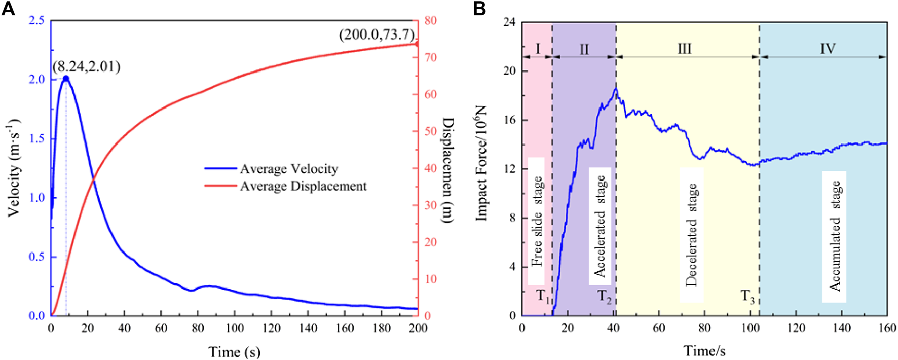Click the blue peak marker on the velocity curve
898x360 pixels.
pos(66,79)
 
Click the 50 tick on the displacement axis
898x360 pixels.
pos(431,131)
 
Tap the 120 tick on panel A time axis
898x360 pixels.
pos(271,328)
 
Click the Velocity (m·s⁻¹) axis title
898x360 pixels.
pos(14,167)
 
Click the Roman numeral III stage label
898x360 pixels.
pos(684,49)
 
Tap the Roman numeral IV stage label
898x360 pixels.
pos(828,49)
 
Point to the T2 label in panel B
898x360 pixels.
pos(604,296)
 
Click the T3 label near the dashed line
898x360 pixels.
pos(747,296)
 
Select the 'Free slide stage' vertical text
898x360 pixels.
pos(537,221)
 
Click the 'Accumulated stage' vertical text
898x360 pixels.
pos(834,236)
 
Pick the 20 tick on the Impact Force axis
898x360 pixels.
pos(509,71)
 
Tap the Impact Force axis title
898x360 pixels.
pos(480,163)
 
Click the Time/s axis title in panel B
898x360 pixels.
pos(704,351)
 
